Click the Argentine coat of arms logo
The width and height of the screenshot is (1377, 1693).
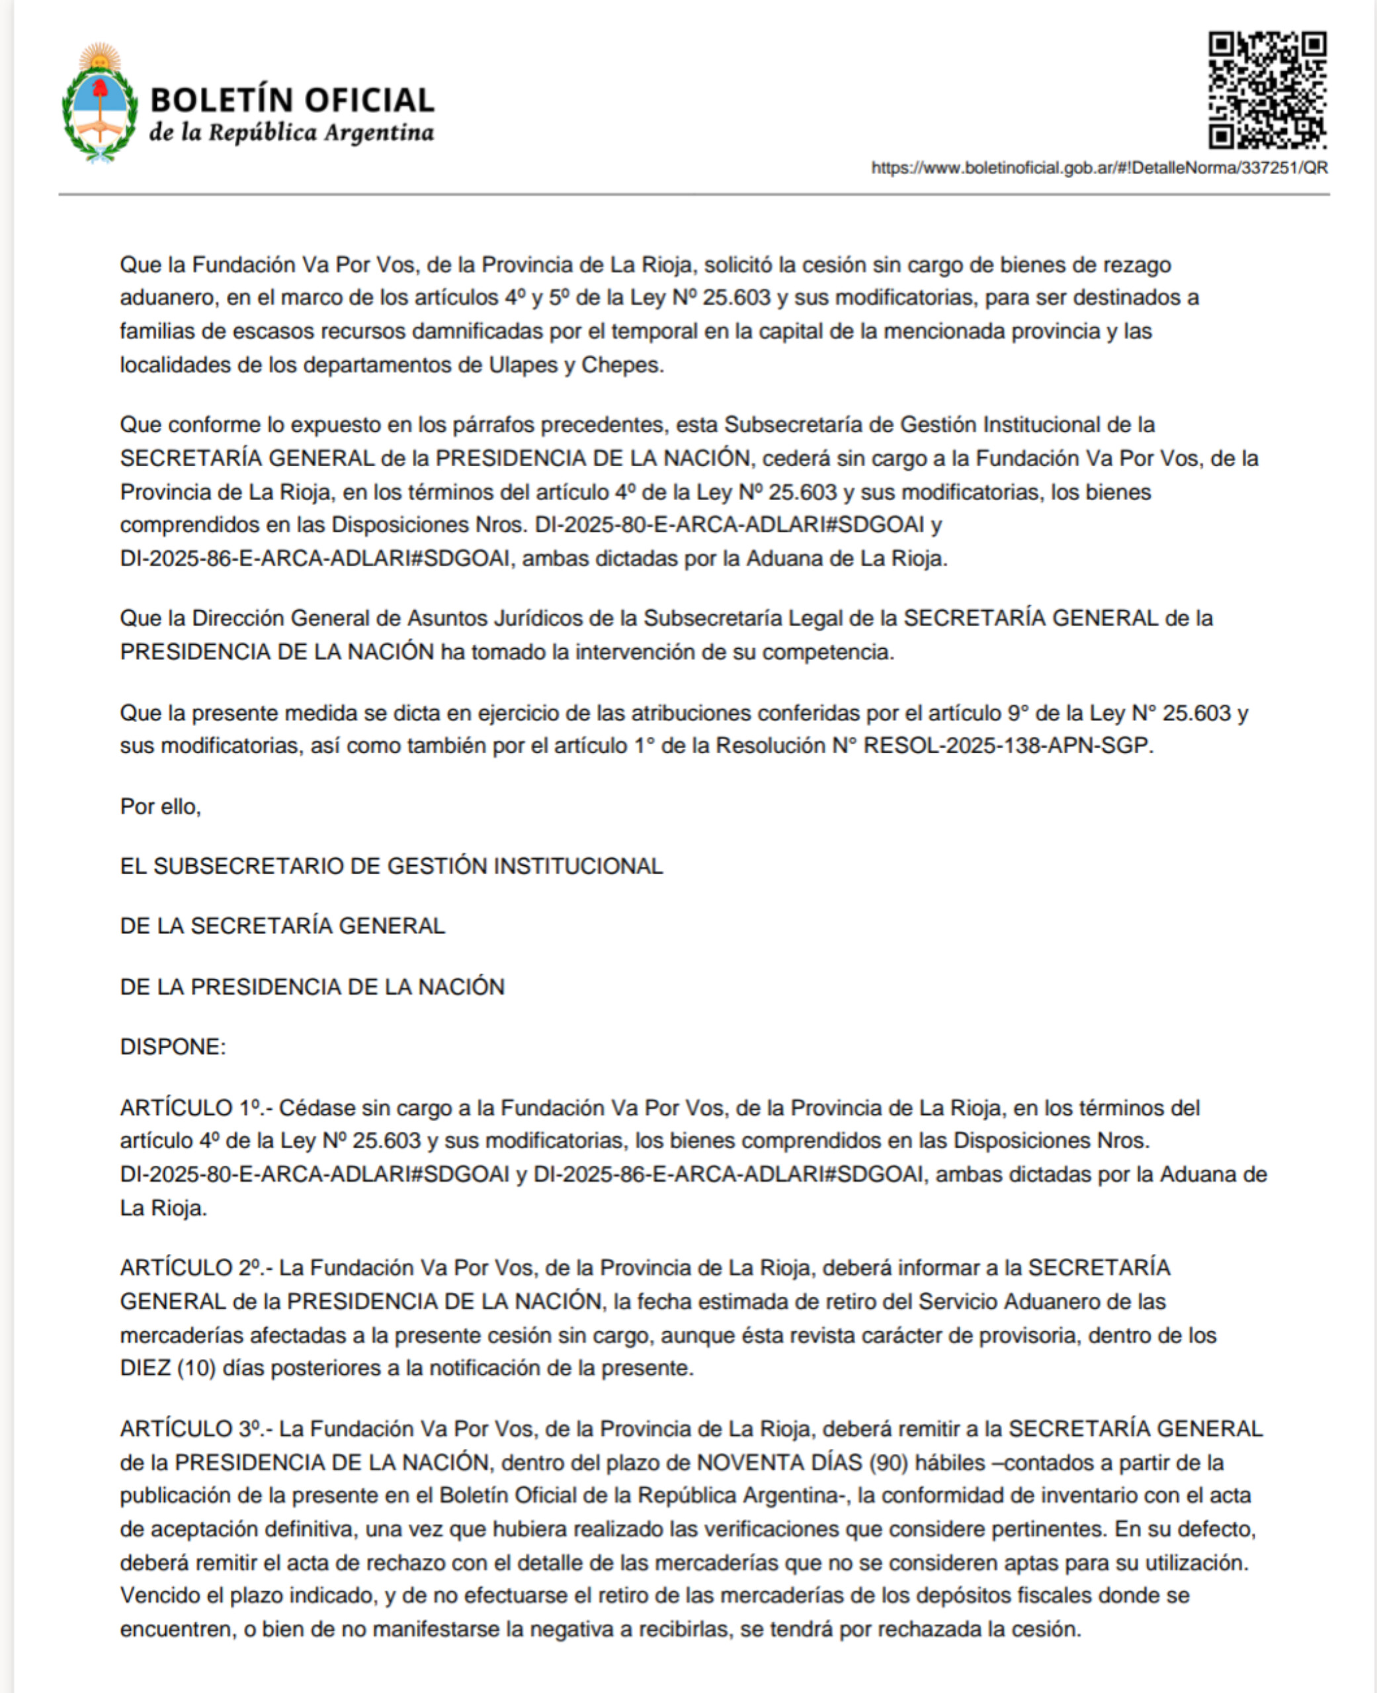tap(99, 103)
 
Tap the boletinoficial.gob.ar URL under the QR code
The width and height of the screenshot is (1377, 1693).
tap(1099, 168)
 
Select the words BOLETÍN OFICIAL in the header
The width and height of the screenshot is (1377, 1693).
tap(292, 100)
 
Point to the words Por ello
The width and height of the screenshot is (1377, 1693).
tap(160, 806)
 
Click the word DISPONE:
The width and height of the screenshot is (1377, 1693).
tap(173, 1047)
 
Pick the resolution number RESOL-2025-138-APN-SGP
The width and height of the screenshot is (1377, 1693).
tap(1007, 746)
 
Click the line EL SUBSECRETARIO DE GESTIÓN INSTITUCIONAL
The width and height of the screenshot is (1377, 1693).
tap(391, 866)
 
